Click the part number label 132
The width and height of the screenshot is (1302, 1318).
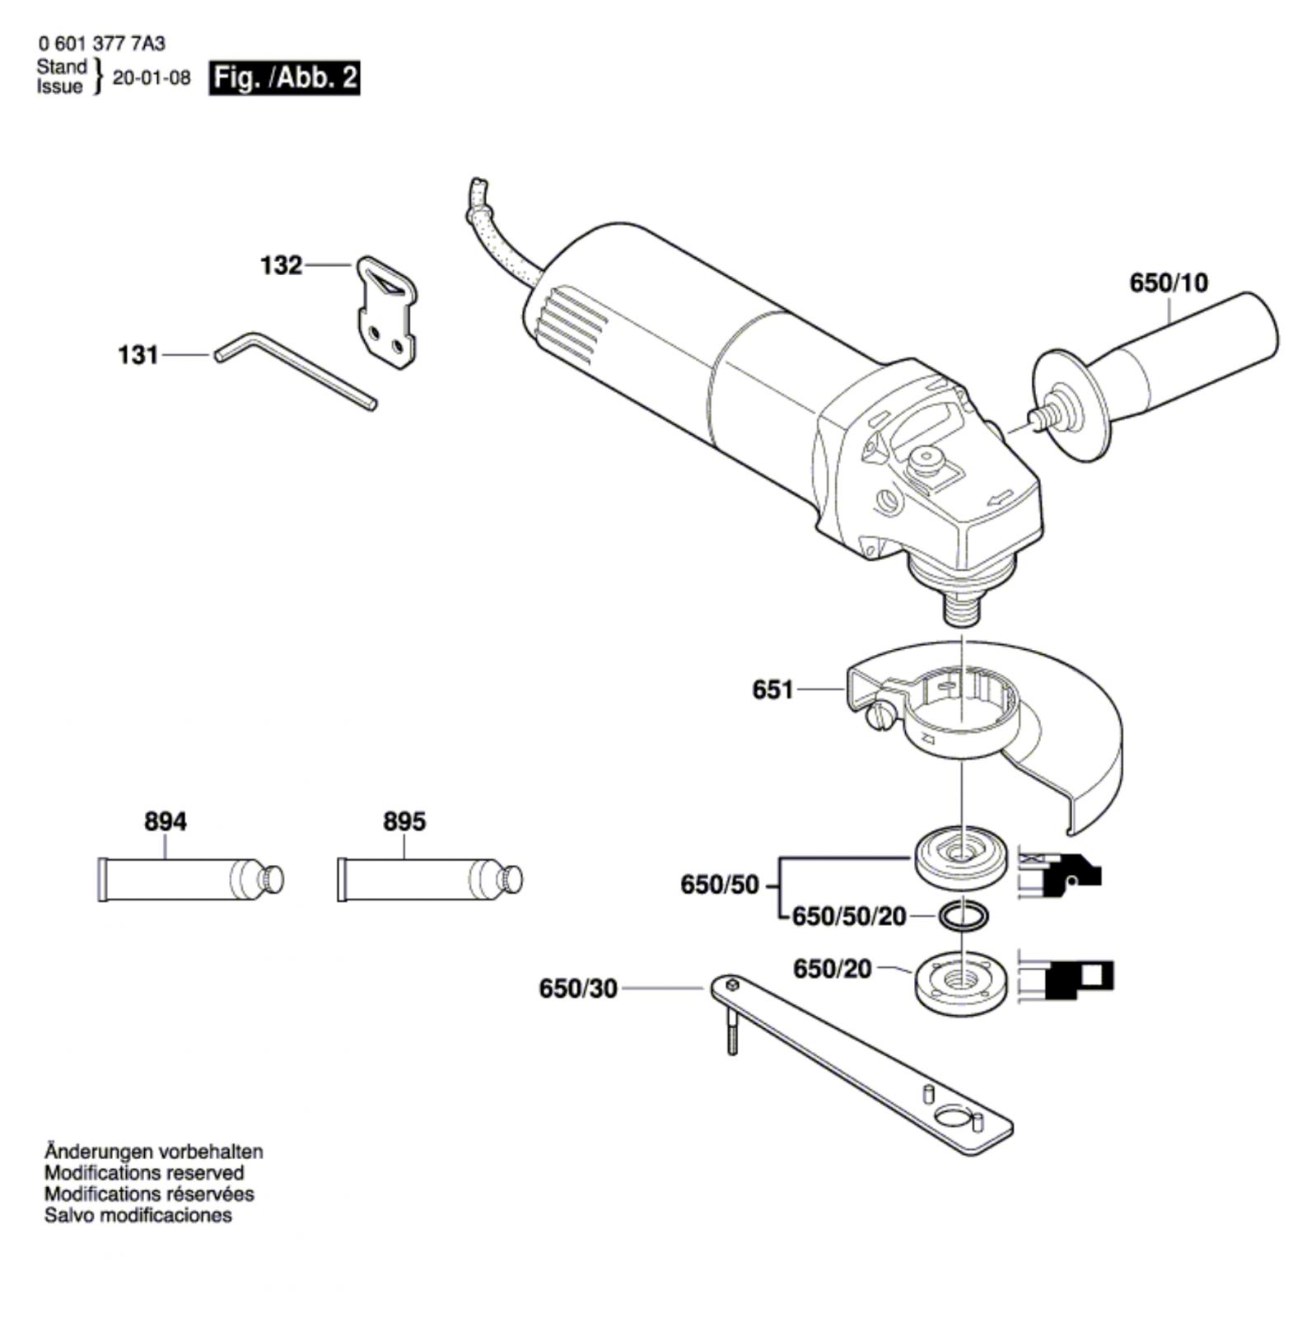pyautogui.click(x=282, y=265)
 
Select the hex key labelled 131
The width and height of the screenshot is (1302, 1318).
pyautogui.click(x=296, y=370)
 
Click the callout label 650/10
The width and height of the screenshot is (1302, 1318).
pyautogui.click(x=1169, y=283)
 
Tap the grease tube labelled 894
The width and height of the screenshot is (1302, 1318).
pyautogui.click(x=190, y=879)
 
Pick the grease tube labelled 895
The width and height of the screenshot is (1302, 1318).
pyautogui.click(x=430, y=879)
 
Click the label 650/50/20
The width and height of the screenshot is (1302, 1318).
pyautogui.click(x=849, y=916)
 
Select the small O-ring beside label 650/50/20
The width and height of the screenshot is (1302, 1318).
pyautogui.click(x=962, y=915)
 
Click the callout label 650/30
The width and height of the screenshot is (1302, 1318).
pyautogui.click(x=578, y=988)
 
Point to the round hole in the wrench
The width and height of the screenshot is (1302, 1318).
pyautogui.click(x=955, y=1119)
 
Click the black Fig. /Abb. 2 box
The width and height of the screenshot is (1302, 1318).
pyautogui.click(x=284, y=77)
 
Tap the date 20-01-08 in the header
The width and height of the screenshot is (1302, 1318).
pyautogui.click(x=152, y=77)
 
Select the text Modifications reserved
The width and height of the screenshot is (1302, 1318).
pyautogui.click(x=144, y=1172)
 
